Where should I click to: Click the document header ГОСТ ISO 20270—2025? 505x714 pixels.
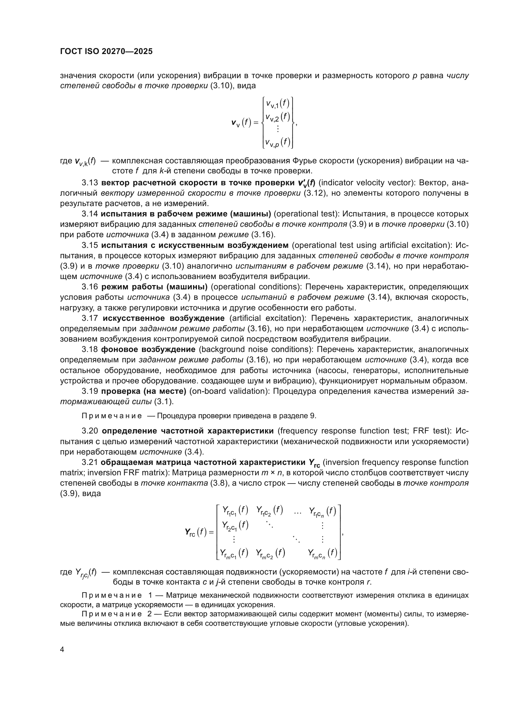106,52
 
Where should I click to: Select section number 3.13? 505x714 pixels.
90,183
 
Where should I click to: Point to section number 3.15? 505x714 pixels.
90,245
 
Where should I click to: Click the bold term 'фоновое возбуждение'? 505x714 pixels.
148,350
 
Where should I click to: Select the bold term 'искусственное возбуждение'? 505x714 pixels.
164,318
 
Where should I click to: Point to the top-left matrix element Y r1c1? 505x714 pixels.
235,510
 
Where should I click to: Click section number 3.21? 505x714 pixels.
90,462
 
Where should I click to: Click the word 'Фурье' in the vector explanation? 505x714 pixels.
303,161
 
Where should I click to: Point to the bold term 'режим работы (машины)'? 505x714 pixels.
154,287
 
